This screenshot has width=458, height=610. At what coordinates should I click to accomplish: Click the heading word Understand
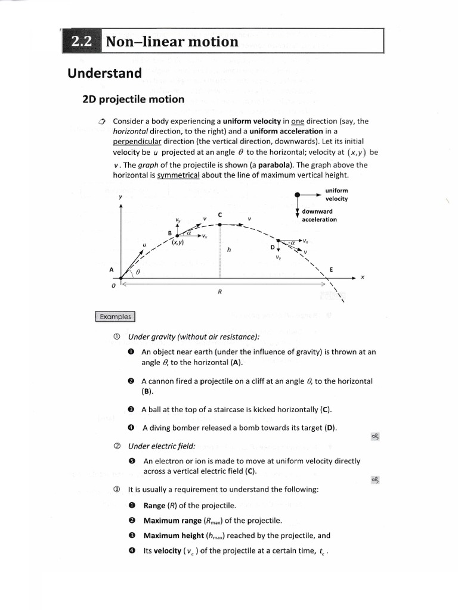104,73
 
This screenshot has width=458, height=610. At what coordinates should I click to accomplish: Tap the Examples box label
115,317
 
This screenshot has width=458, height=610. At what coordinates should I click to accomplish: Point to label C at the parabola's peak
220,214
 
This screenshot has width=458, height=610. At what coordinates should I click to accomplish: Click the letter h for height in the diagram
228,250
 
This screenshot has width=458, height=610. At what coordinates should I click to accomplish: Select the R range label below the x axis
219,292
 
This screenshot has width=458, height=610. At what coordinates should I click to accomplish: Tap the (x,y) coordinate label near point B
178,242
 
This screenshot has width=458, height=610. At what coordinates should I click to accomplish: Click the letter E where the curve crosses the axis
331,269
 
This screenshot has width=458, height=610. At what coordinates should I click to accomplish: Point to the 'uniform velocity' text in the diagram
336,194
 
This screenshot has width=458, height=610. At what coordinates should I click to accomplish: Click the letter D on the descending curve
273,247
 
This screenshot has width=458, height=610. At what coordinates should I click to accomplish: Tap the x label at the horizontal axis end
362,278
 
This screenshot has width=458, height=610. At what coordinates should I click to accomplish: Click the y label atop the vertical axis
121,196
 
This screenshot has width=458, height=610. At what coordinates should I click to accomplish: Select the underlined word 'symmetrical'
178,175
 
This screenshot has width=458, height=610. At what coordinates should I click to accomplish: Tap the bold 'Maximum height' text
171,535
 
